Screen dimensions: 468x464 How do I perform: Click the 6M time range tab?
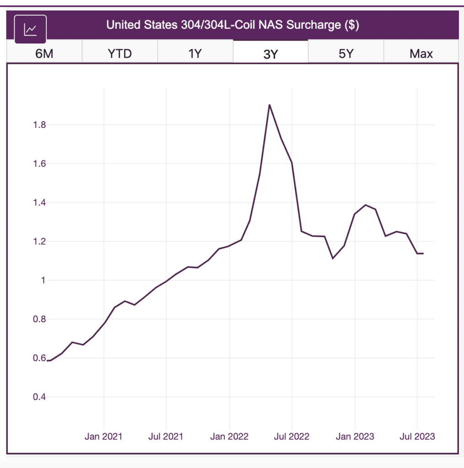[x=44, y=53]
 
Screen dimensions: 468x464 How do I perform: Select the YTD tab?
[x=120, y=53]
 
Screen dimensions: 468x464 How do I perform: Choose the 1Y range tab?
[x=195, y=53]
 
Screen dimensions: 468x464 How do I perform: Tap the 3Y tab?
[x=271, y=54]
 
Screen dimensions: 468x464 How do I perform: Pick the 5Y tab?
[x=346, y=53]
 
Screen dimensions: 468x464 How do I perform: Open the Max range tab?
[x=421, y=53]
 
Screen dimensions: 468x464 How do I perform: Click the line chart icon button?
[x=31, y=29]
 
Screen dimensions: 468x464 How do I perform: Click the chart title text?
[x=232, y=25]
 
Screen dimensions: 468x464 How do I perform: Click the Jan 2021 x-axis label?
[x=103, y=436]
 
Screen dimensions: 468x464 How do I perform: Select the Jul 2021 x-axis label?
[x=166, y=436]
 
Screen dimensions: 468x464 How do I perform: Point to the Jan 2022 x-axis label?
[x=229, y=436]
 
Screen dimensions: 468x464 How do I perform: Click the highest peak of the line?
[x=270, y=105]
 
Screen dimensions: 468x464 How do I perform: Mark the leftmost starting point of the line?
[x=47, y=361]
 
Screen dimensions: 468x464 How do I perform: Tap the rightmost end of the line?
[x=423, y=253]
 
